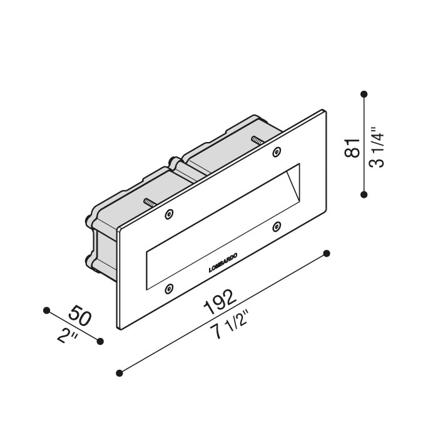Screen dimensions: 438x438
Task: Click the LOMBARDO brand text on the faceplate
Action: (223, 263)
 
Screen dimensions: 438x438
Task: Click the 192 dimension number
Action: (220, 302)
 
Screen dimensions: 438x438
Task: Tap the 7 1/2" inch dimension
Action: (229, 325)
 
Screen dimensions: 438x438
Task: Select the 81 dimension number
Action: (352, 148)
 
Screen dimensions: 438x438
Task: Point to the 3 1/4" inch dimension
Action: (377, 147)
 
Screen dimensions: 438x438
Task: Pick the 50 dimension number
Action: (80, 315)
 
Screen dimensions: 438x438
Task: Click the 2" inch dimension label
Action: (68, 335)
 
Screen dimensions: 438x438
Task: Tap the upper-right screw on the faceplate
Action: (277, 152)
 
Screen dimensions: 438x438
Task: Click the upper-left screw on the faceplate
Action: (169, 214)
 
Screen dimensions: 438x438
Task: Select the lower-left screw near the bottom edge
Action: (169, 288)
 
